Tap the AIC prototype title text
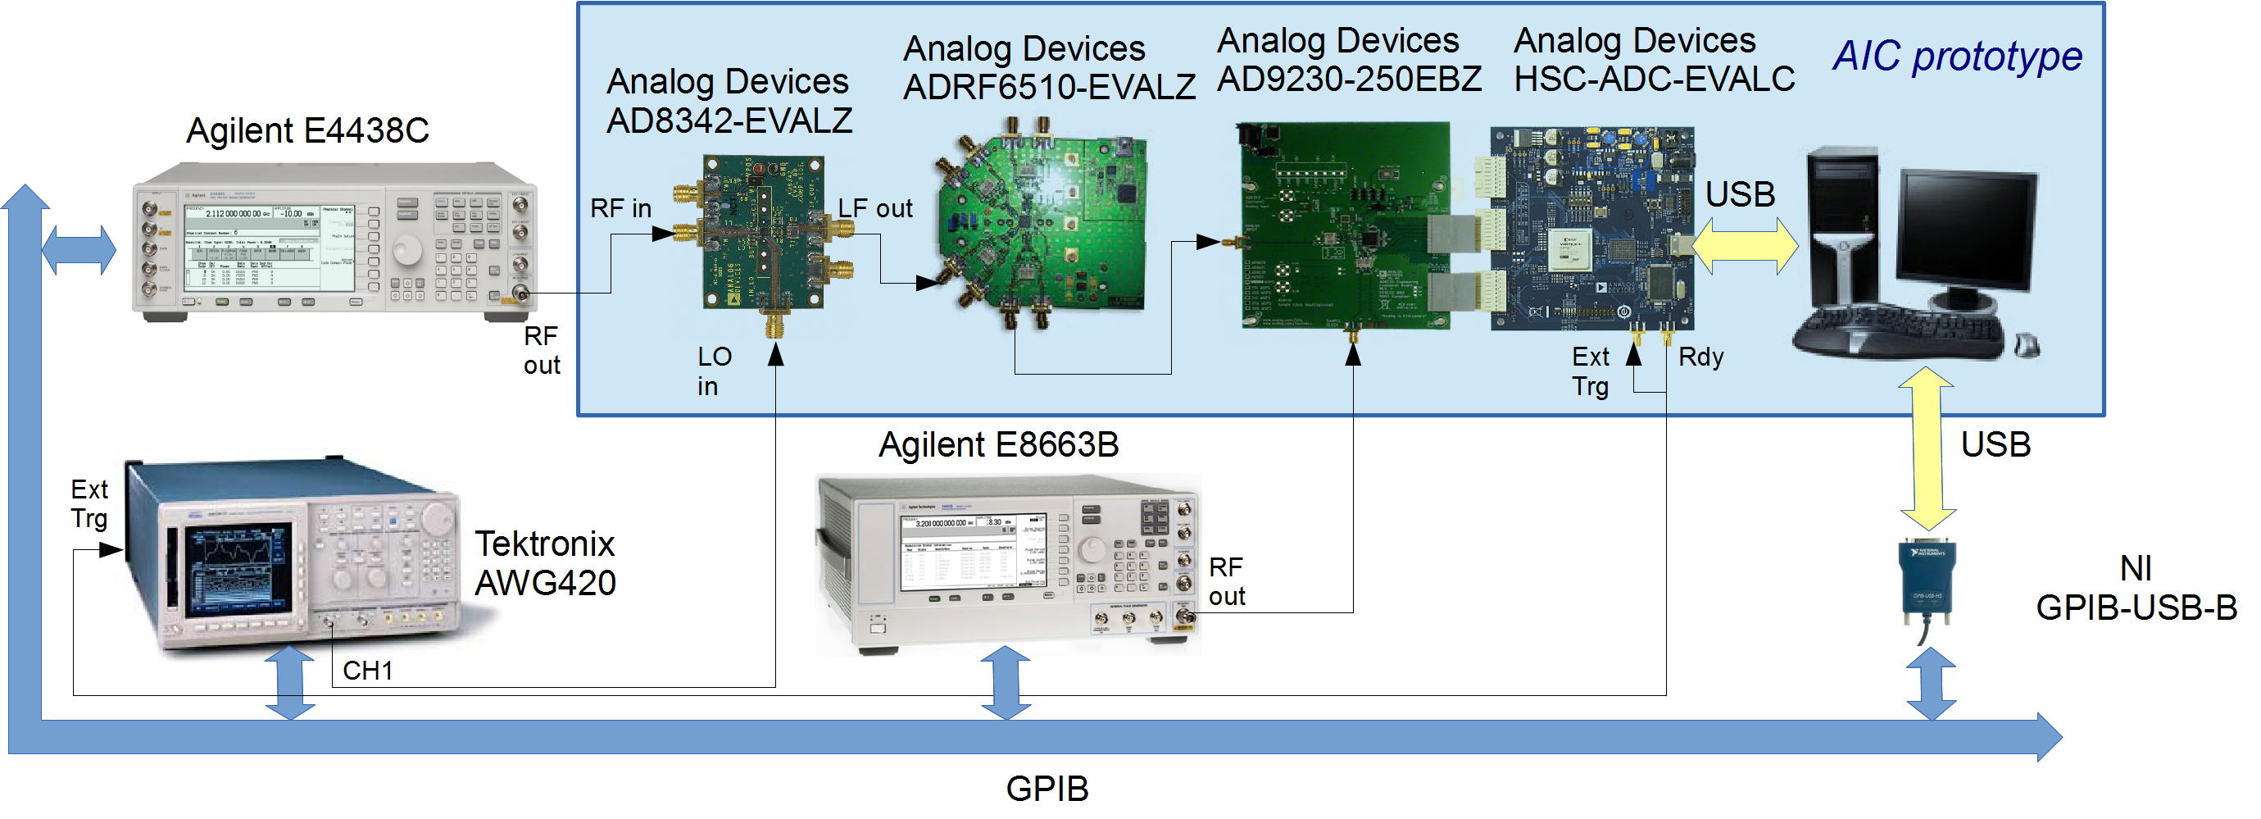1956,57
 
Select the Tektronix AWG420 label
544,562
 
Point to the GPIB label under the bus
1047,789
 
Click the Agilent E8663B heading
998,445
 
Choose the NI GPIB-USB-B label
2135,587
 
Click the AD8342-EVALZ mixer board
764,234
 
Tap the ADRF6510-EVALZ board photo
1045,224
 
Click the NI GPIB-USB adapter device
1926,584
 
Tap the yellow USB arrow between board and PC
1744,247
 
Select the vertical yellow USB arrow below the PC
1926,448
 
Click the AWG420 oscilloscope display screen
237,568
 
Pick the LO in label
714,371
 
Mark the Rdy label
1700,357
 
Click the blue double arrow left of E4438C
79,250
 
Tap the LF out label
874,209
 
